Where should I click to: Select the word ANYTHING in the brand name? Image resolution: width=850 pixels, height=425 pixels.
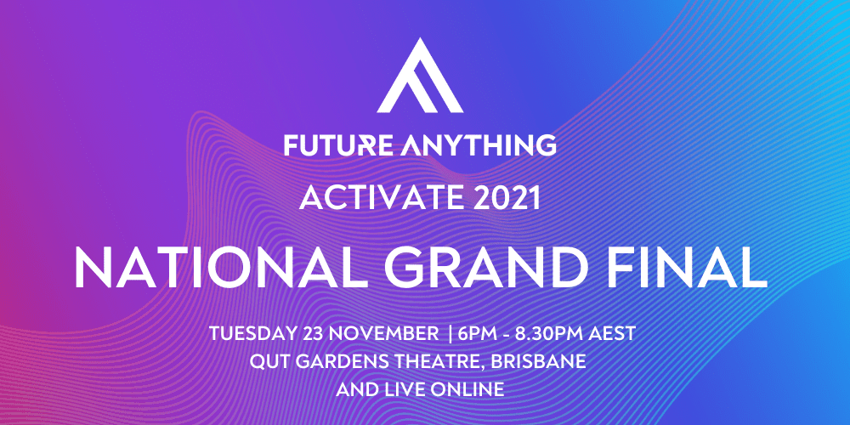click(479, 144)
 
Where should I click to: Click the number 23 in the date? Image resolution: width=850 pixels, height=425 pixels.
click(310, 334)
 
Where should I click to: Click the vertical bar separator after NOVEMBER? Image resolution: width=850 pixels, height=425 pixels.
click(450, 334)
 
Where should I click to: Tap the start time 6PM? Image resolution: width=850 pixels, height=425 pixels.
click(477, 334)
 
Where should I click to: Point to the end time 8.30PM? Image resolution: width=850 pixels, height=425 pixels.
click(552, 334)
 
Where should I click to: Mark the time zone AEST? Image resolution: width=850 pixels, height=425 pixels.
click(615, 334)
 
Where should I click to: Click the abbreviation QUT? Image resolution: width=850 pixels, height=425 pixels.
click(267, 361)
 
